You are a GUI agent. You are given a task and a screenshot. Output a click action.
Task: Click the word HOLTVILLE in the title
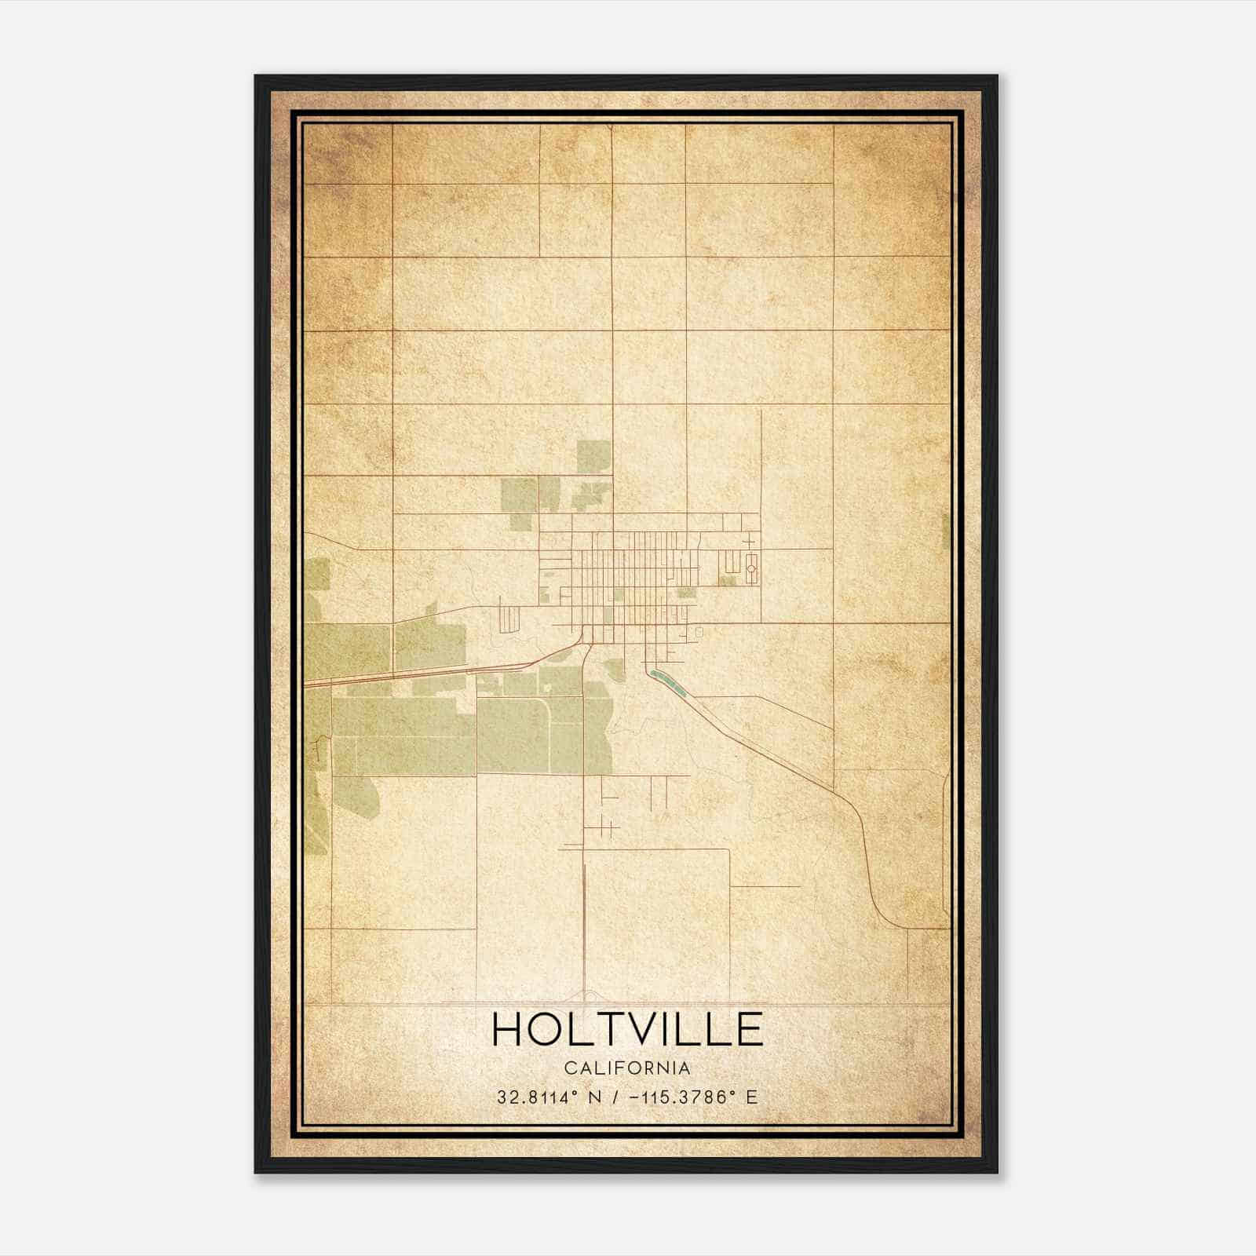pos(627,1029)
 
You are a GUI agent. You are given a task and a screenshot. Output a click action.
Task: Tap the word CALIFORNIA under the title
pos(627,1068)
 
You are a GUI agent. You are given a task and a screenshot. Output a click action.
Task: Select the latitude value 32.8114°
pos(538,1097)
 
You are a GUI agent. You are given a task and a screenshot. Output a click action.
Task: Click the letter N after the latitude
pos(595,1097)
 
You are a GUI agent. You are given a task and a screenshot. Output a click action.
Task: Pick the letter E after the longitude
pos(752,1097)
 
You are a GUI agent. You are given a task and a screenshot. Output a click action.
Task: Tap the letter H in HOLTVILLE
pos(507,1029)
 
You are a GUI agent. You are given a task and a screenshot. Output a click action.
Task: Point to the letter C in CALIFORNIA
pos(568,1068)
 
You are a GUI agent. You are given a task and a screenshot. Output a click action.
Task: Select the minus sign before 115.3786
pos(633,1097)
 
